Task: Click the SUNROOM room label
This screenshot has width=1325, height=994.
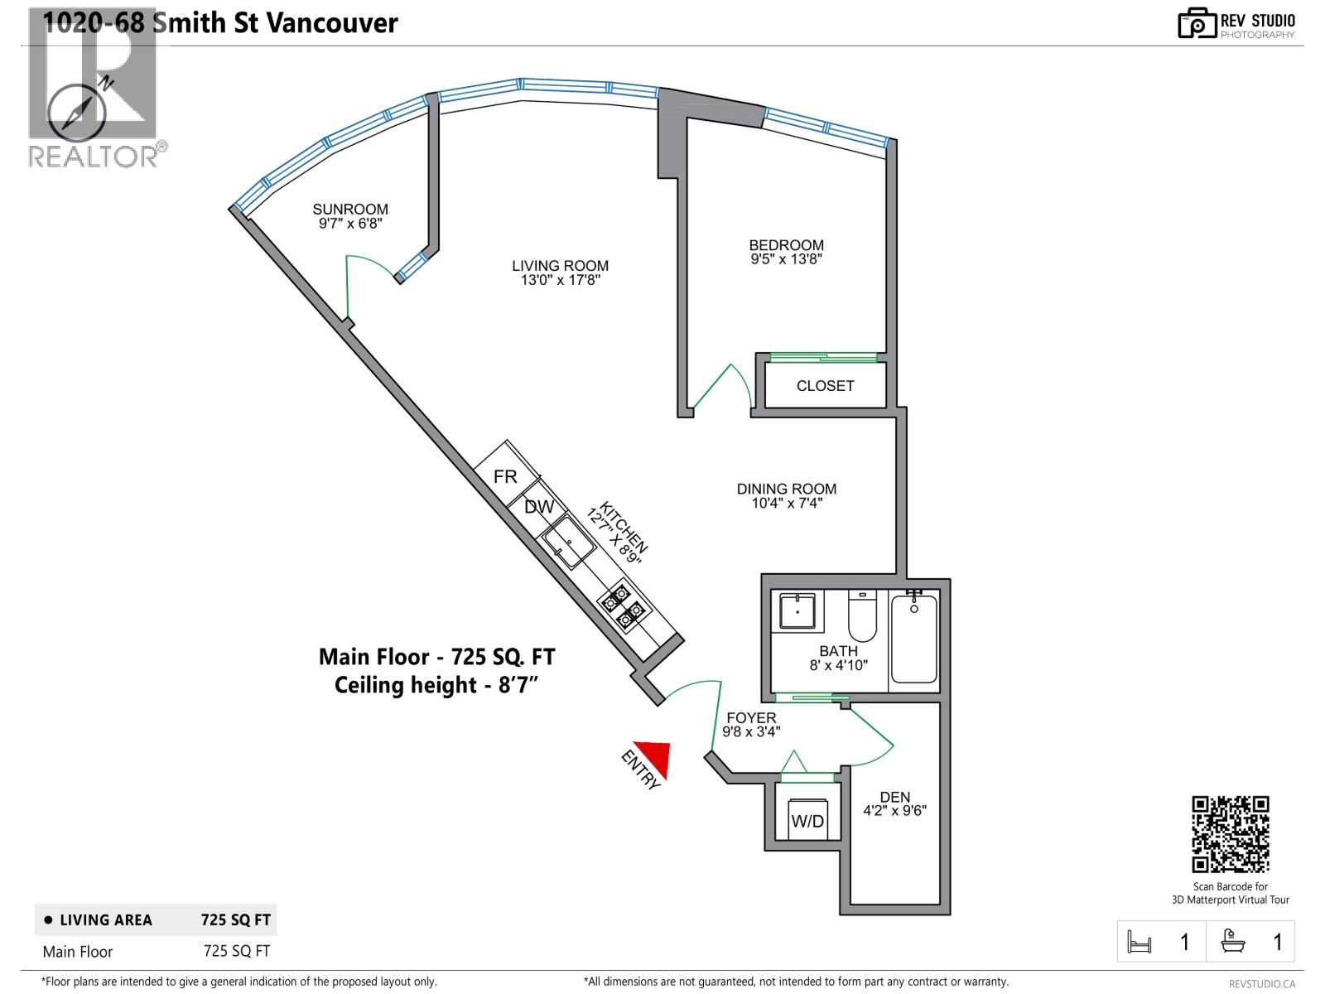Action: tap(350, 210)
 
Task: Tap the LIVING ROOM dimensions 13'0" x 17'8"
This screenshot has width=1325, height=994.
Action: tap(560, 280)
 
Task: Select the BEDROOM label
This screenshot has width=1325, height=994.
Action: tap(786, 245)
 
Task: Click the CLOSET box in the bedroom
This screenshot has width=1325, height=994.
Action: tap(825, 386)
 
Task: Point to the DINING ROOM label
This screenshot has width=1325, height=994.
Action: tap(786, 489)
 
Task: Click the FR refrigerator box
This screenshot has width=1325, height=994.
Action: tap(505, 476)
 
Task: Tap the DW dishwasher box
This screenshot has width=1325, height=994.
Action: tap(539, 507)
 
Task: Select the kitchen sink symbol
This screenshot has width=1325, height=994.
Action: tap(569, 543)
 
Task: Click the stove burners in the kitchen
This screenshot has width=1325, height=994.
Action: tap(624, 604)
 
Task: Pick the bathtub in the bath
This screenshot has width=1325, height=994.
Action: tap(914, 639)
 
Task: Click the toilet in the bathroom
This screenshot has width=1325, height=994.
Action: tap(862, 616)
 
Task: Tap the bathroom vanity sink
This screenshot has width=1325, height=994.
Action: tap(797, 611)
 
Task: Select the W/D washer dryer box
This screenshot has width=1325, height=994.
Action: tap(807, 820)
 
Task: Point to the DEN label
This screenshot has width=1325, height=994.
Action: tap(894, 797)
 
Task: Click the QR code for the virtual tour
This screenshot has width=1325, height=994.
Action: tap(1230, 834)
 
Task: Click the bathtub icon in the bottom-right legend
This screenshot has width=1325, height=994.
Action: tap(1232, 942)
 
